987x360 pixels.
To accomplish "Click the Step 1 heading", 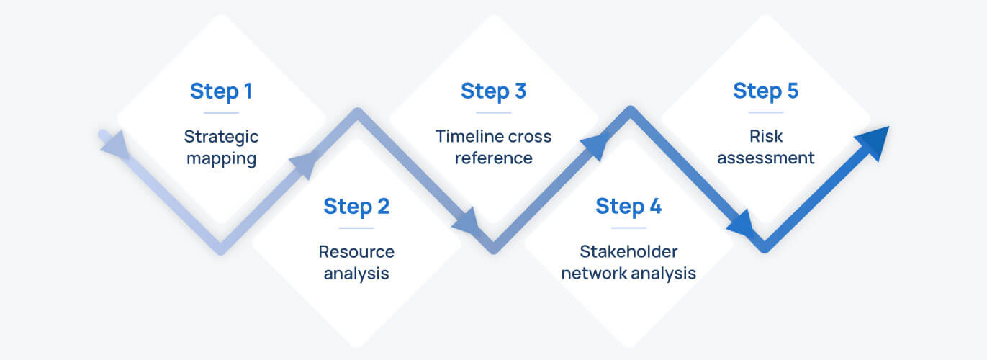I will (221, 91).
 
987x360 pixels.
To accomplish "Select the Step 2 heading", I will (356, 207).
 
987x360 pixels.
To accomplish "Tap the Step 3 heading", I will (493, 91).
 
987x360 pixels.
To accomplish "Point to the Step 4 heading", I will (628, 207).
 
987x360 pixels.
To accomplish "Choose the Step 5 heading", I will (765, 91).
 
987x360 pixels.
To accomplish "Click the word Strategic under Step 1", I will (221, 137).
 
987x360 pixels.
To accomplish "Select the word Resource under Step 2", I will (356, 252).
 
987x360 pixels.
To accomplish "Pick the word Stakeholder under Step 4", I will (628, 252).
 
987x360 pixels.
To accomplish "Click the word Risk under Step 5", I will (765, 137).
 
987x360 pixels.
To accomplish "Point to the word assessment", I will (765, 158).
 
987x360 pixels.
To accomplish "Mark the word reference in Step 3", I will (493, 158).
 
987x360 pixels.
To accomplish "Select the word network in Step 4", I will (594, 274).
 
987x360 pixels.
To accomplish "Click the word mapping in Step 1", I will (221, 158).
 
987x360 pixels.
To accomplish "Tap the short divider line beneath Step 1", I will (221, 113).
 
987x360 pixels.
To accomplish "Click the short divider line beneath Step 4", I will (628, 228).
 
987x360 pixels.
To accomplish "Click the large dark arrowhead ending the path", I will (873, 142).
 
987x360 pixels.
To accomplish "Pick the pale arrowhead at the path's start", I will (115, 145).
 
